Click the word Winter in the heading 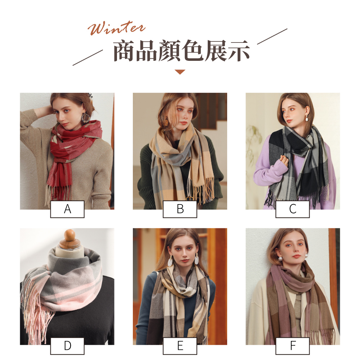(x=116, y=28)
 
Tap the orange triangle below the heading (x=180, y=72)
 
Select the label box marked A (x=67, y=209)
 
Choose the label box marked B (x=180, y=209)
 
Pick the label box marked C (x=292, y=209)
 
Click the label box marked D (x=67, y=346)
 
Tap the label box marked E (x=180, y=346)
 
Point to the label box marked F (x=292, y=346)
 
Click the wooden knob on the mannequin (x=69, y=235)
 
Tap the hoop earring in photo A (x=86, y=118)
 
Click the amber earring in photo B (x=166, y=122)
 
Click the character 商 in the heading (x=124, y=51)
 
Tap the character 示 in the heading (x=239, y=51)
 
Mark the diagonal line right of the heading (x=272, y=36)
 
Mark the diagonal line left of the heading (x=88, y=58)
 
